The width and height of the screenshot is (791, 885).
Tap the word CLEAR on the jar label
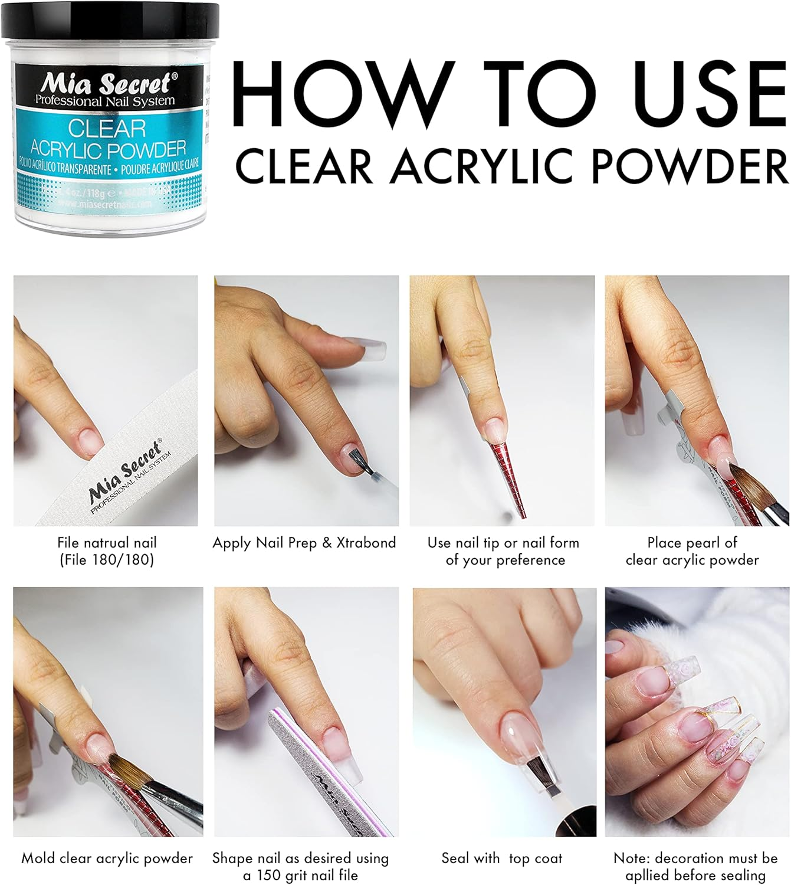[x=107, y=128]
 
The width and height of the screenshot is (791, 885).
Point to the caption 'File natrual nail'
[x=107, y=542]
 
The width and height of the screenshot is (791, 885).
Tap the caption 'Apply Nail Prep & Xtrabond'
[x=304, y=543]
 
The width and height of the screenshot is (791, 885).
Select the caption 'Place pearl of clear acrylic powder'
[x=692, y=551]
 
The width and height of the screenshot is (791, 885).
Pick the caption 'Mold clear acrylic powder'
[x=107, y=858]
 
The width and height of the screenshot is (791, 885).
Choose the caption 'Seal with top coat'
[x=502, y=858]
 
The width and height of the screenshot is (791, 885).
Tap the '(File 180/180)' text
[x=107, y=559]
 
